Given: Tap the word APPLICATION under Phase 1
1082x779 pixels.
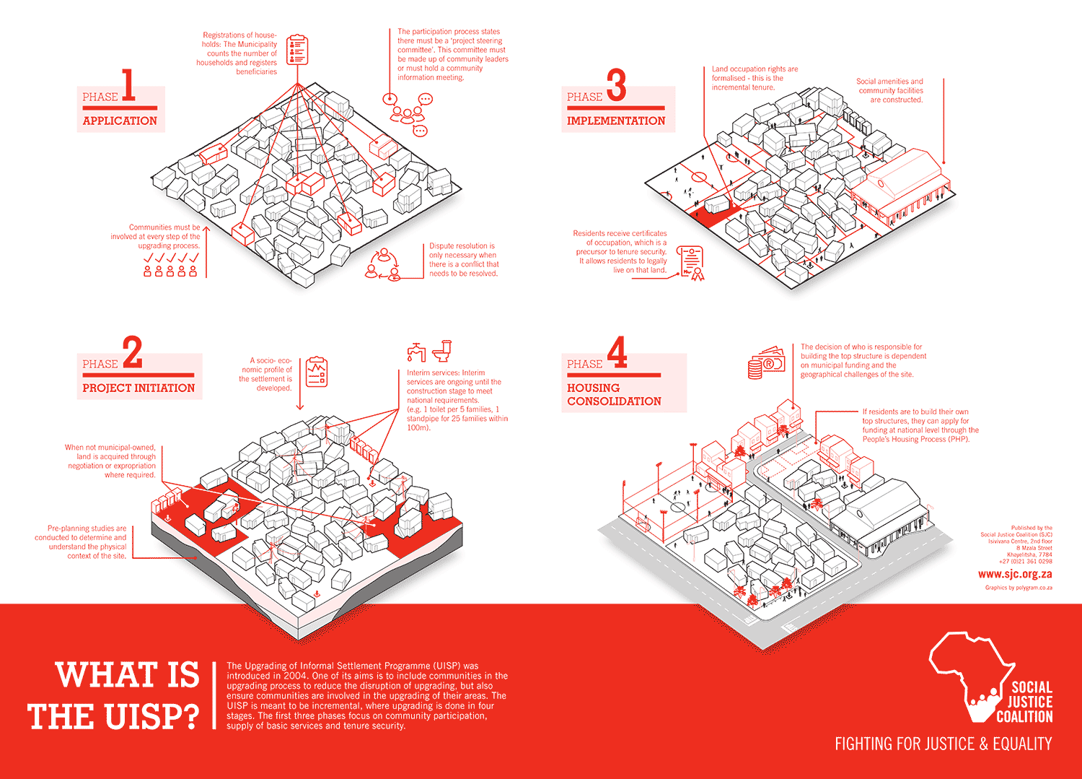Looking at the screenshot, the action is [x=120, y=121].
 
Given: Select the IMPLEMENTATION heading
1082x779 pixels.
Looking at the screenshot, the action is [x=616, y=121].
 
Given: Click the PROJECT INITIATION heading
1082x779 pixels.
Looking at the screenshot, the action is [x=138, y=388].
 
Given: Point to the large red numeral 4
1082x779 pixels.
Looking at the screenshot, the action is [x=617, y=352].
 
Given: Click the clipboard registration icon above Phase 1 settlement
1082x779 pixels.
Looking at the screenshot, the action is [x=297, y=49].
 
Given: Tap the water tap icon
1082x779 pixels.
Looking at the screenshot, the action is [x=416, y=352].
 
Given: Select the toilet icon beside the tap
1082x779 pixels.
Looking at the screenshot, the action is [x=441, y=351].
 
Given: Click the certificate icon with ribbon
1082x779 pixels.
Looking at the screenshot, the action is [x=691, y=263].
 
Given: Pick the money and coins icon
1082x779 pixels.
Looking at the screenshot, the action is [x=766, y=363].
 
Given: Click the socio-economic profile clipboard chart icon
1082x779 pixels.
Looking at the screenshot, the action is [x=317, y=372].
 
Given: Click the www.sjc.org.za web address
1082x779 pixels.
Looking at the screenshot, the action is [x=1015, y=575].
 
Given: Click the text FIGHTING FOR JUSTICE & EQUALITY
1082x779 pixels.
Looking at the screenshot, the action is [x=944, y=744].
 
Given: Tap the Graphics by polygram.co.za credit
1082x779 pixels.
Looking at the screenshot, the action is [x=1019, y=588].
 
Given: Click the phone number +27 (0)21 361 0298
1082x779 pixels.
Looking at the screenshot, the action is [x=1026, y=562].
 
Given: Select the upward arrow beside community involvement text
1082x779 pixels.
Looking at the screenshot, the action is [x=206, y=251].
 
